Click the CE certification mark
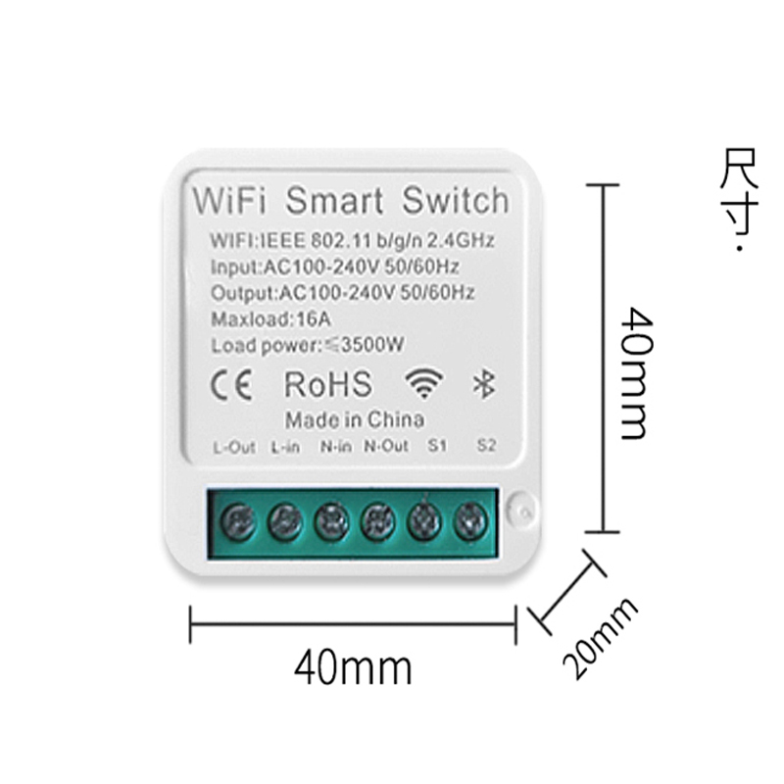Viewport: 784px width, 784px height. (233, 384)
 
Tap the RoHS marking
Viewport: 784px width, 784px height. (327, 384)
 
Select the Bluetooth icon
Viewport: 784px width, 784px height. (481, 384)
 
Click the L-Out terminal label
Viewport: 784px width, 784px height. (233, 448)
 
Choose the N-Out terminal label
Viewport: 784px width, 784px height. (385, 448)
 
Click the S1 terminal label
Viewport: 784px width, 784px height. (437, 448)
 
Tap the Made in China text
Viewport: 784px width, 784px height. (354, 419)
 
